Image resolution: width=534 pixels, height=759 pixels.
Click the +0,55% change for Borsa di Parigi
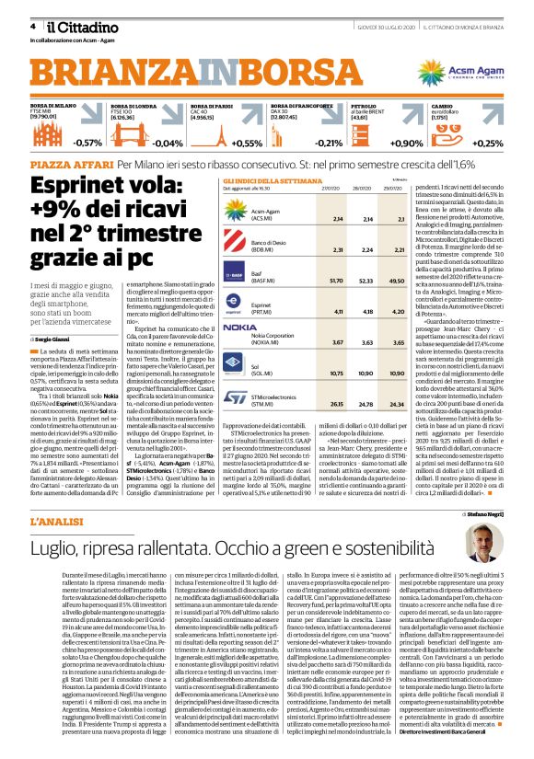[247, 144]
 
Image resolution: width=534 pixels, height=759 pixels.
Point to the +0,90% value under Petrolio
[407, 144]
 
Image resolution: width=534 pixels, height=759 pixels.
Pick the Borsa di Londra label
[133, 107]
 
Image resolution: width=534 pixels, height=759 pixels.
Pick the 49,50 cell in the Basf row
[397, 279]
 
